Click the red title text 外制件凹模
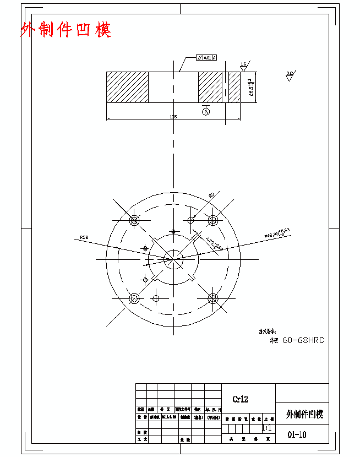(x=66, y=30)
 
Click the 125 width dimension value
(x=173, y=117)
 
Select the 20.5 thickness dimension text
(x=250, y=87)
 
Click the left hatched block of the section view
(x=127, y=87)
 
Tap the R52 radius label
(x=84, y=237)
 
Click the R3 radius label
(x=211, y=195)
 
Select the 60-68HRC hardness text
(x=303, y=340)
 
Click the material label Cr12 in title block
(x=240, y=399)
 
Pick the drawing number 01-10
(x=297, y=434)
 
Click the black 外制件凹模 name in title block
(x=304, y=415)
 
